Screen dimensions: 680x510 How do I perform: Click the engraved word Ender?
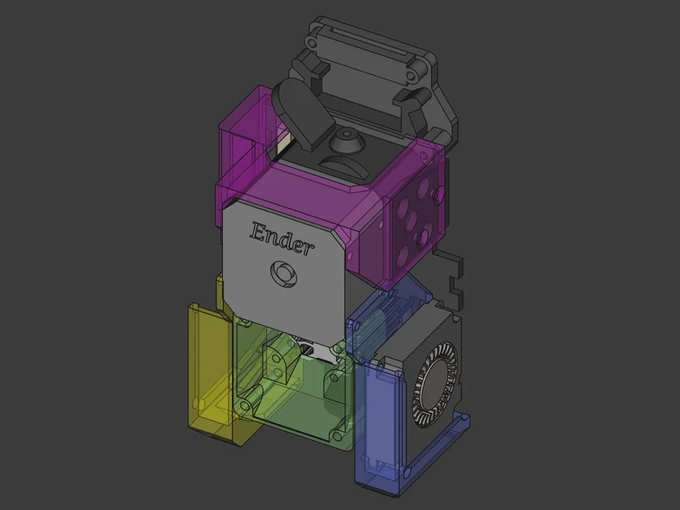click(x=282, y=239)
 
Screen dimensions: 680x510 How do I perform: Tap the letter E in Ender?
click(x=259, y=231)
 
